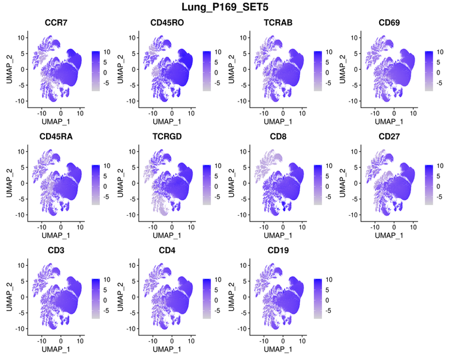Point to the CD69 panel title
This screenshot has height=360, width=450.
[389, 23]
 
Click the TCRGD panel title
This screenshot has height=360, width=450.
[167, 137]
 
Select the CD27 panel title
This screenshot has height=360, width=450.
[389, 137]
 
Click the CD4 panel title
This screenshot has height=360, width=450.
[167, 251]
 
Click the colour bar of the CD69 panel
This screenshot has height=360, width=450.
[429, 71]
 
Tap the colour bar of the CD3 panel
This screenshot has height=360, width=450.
[96, 299]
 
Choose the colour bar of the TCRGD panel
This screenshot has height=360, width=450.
[207, 185]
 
